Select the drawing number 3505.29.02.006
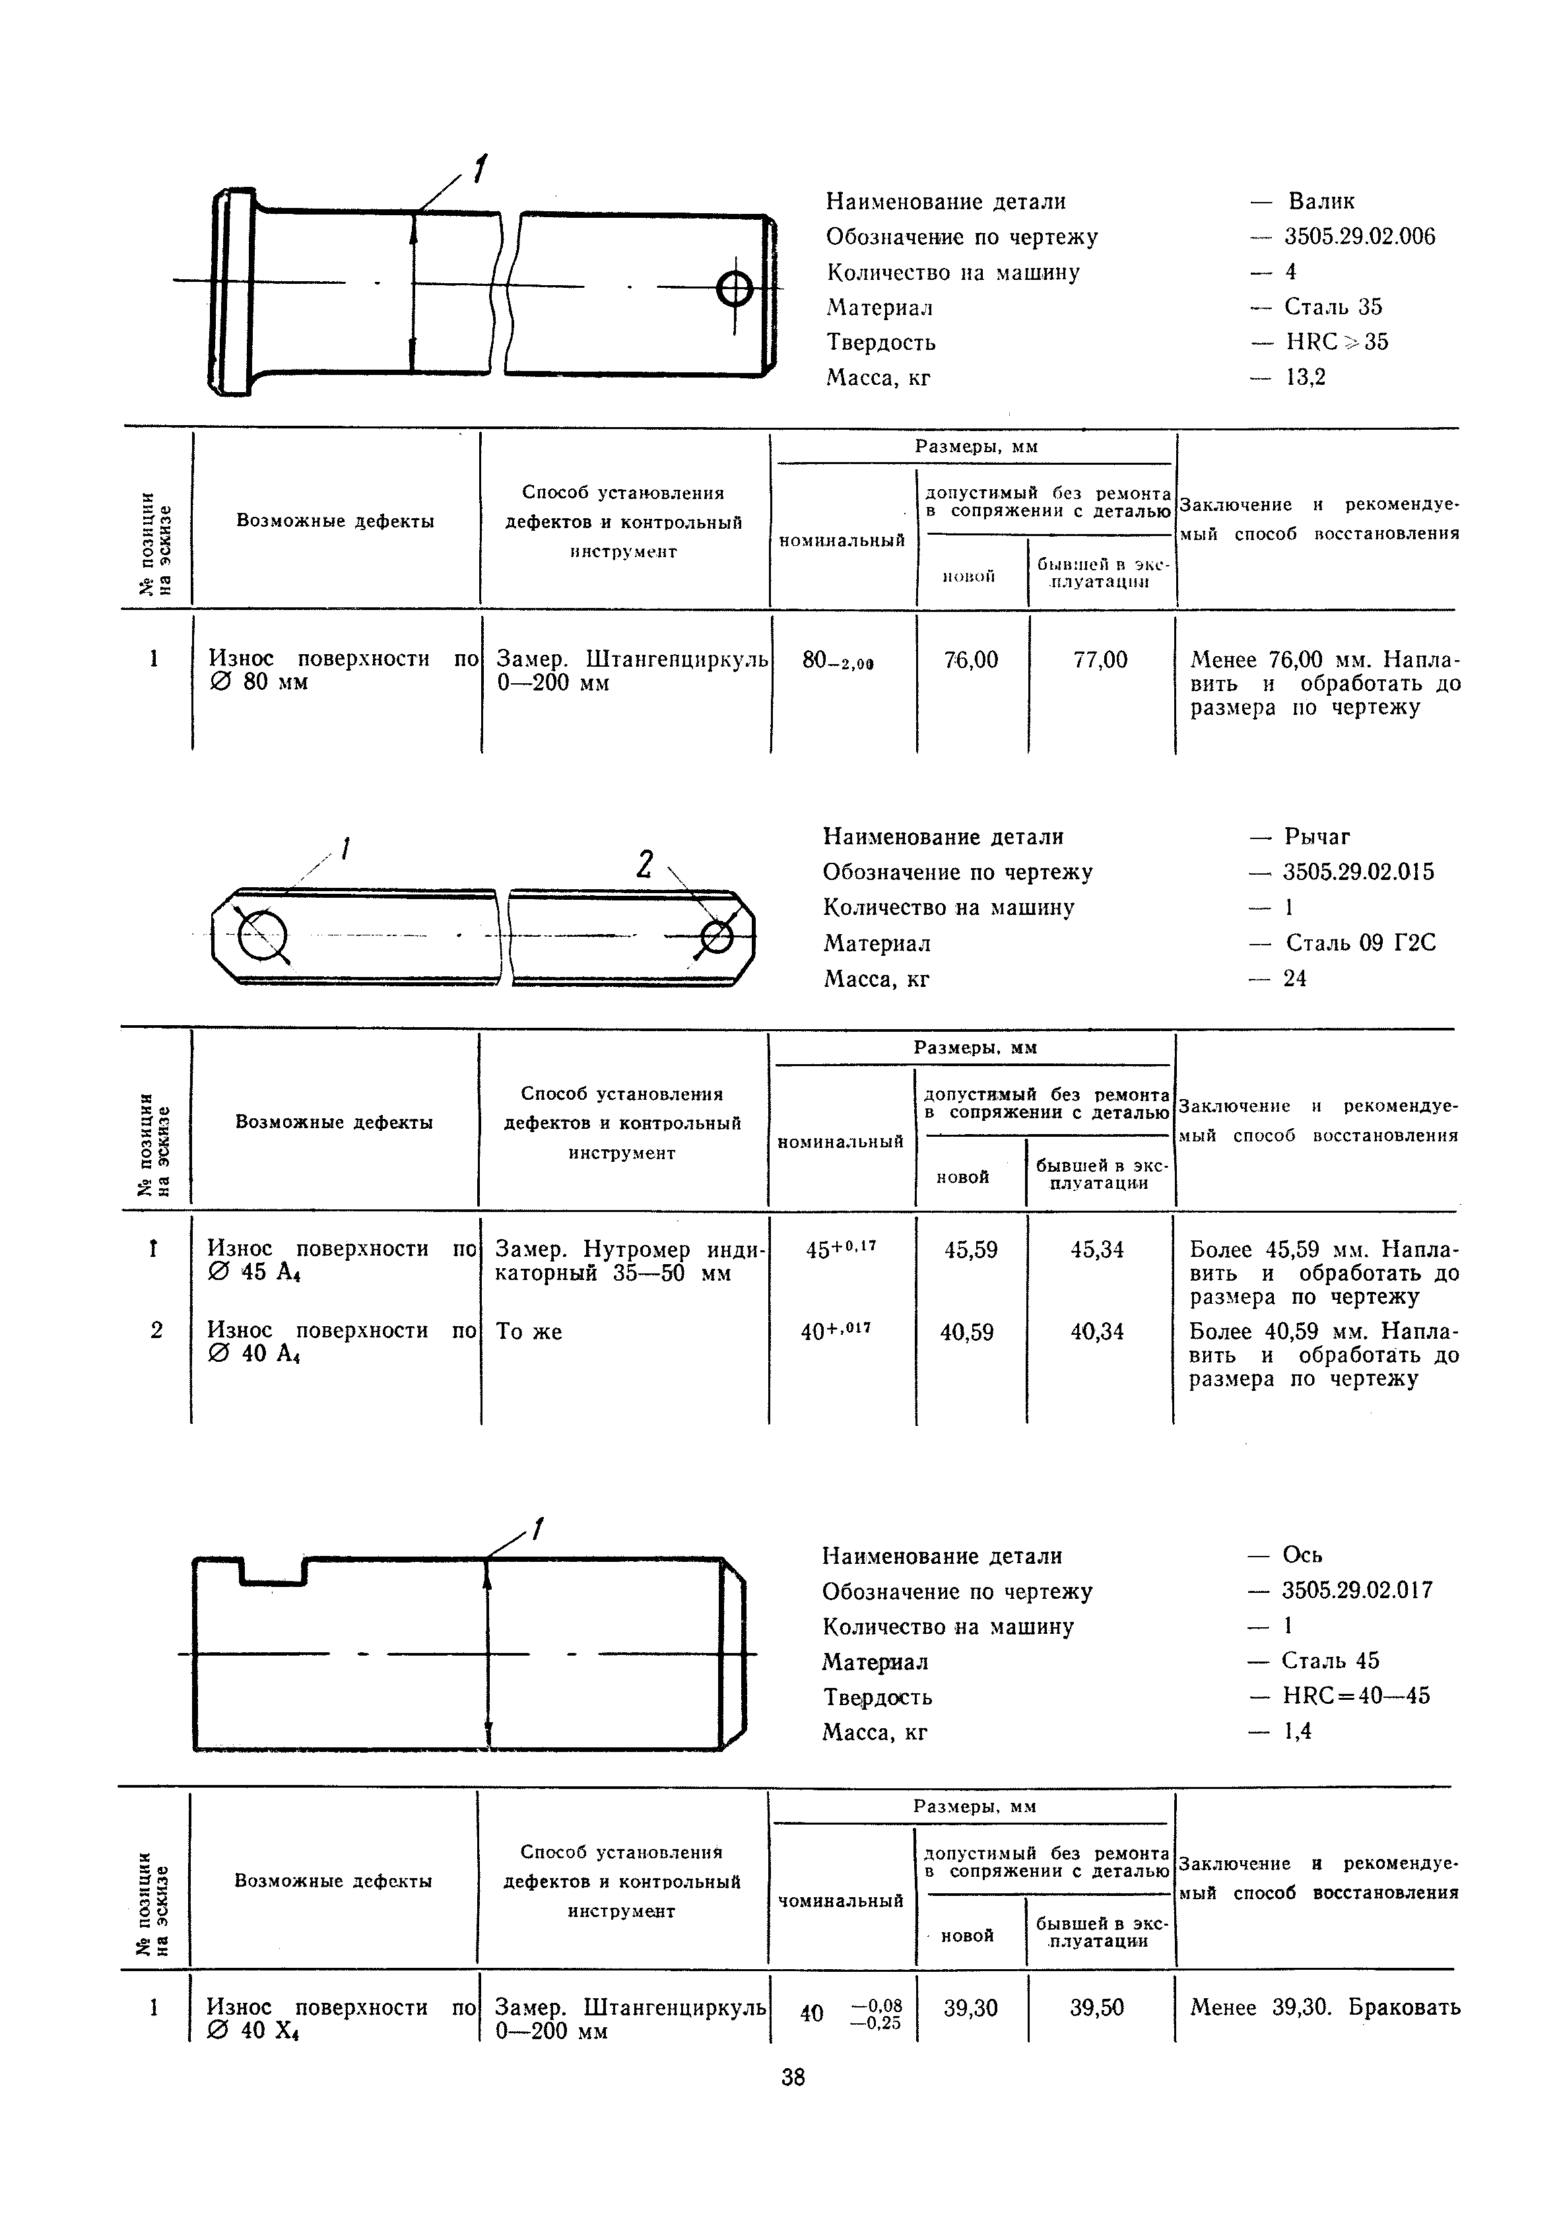point(1360,236)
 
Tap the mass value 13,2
point(1306,376)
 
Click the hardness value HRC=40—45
point(1356,1695)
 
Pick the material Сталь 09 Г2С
point(1360,943)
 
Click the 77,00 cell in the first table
point(1100,660)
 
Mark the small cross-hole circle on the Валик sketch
point(735,286)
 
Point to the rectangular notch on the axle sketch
point(274,1570)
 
